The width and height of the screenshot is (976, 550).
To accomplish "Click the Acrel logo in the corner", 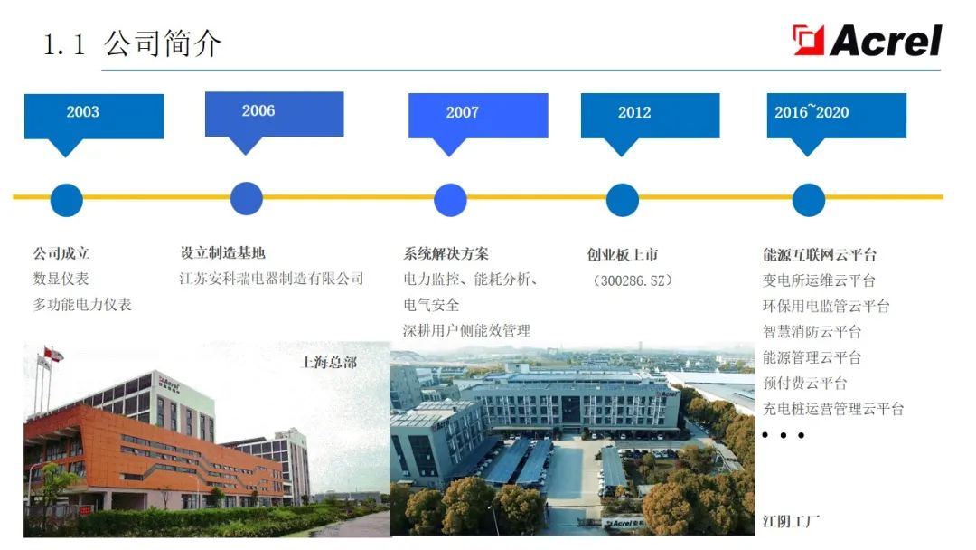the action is point(867,41).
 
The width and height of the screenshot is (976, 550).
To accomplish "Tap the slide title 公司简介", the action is point(162,43).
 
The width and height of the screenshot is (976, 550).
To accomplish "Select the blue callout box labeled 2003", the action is point(94,117).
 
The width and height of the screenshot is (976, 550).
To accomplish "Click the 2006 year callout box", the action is point(274,114).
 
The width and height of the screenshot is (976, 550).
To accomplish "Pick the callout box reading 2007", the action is point(478,116).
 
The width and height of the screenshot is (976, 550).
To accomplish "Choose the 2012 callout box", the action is point(650,116).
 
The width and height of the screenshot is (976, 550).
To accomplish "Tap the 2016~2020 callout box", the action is point(837,116).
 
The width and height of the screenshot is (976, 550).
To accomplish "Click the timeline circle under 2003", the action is point(67,200).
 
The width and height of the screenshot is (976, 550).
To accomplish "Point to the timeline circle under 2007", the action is point(450,200).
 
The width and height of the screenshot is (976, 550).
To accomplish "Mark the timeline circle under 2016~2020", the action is point(809,200).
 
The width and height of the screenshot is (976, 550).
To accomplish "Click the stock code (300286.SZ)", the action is point(633,281).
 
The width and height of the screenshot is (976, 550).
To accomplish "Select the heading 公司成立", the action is point(61,253).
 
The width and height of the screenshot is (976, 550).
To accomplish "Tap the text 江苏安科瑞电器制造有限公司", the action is point(271,279).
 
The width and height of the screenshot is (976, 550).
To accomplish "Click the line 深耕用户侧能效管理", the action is point(467,330).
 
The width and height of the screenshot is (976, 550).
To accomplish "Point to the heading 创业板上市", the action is point(623,255).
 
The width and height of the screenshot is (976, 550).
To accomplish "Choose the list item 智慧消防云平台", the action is point(812,331).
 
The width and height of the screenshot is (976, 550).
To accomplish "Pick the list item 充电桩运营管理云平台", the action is point(833,409).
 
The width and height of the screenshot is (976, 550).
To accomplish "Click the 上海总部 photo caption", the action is point(329,363).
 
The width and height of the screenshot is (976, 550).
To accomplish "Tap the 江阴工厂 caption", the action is point(791,521).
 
